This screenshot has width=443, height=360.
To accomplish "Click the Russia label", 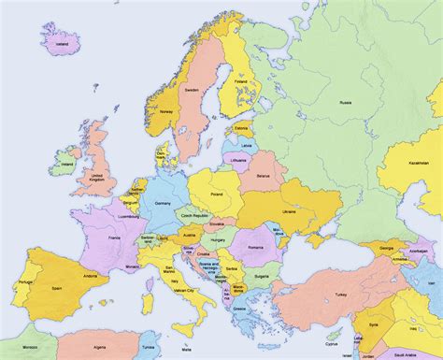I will pos(345,101).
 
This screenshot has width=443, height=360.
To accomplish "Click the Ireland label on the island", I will pos(66,166).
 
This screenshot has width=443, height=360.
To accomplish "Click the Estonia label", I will pos(243,127).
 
